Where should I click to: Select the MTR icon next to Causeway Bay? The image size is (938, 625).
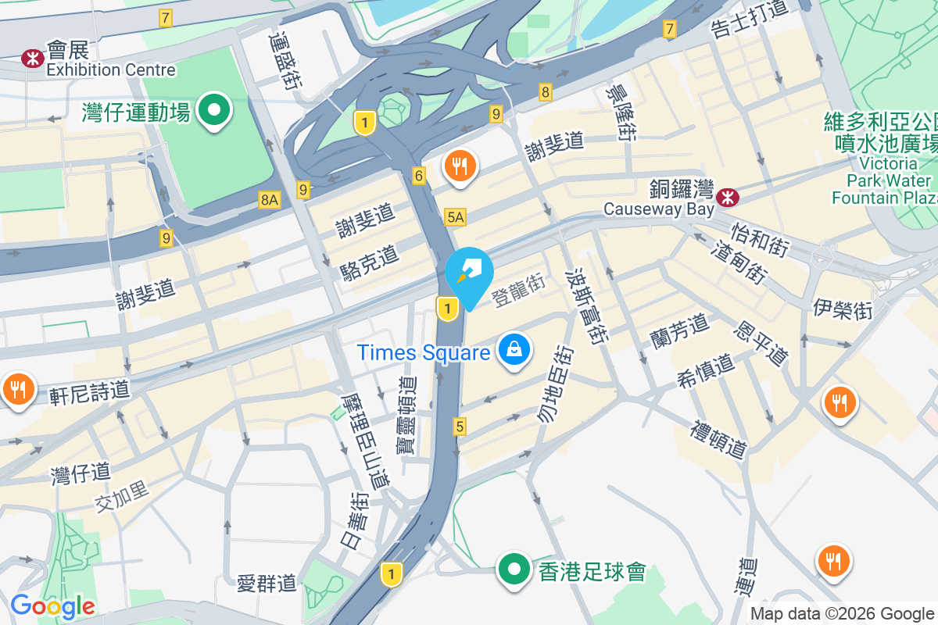pyautogui.click(x=727, y=198)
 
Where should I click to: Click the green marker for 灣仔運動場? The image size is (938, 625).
pyautogui.click(x=213, y=110)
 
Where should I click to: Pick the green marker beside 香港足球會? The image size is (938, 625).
pyautogui.click(x=514, y=570)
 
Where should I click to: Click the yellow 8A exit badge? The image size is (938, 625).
pyautogui.click(x=270, y=200)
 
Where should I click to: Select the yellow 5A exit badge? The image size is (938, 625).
pyautogui.click(x=455, y=217)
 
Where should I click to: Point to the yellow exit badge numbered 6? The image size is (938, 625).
pyautogui.click(x=419, y=177)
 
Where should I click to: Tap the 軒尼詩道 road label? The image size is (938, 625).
pyautogui.click(x=90, y=391)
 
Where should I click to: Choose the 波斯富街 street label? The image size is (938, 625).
pyautogui.click(x=586, y=309)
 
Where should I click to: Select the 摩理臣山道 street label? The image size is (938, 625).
pyautogui.click(x=367, y=441)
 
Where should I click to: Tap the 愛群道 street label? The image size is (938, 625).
pyautogui.click(x=267, y=583)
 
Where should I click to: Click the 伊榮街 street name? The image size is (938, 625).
pyautogui.click(x=842, y=309)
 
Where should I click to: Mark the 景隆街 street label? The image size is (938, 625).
pyautogui.click(x=621, y=113)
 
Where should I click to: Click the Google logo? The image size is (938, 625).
pyautogui.click(x=52, y=606)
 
